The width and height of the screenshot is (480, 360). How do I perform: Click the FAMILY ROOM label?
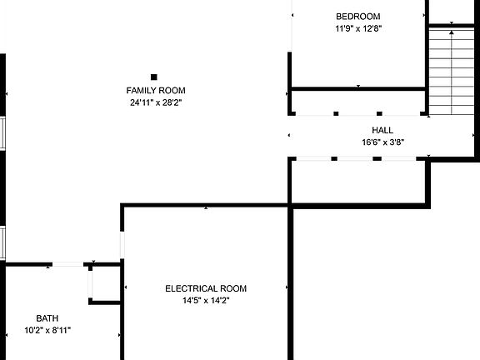click(x=156, y=91)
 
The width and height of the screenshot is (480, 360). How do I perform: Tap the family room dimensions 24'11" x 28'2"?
click(x=156, y=102)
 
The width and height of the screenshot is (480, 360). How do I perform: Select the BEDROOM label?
click(x=358, y=17)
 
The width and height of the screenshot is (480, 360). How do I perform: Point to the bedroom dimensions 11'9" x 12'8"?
click(x=358, y=28)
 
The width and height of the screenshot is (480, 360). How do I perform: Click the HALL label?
click(x=382, y=130)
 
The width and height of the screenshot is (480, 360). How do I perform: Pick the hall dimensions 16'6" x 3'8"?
click(x=383, y=142)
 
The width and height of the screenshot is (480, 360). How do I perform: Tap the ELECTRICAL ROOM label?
click(x=206, y=288)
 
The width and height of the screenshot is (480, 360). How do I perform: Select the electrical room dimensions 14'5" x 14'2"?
click(x=206, y=301)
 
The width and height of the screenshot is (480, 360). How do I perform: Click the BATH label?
click(x=47, y=318)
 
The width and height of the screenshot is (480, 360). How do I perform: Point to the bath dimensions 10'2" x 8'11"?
click(x=47, y=330)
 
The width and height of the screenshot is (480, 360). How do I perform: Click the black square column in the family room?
click(x=154, y=77)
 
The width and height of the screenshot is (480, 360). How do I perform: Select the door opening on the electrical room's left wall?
click(x=122, y=245)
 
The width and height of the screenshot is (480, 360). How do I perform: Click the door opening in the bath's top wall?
click(x=67, y=264)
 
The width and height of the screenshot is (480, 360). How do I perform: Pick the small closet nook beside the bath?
click(x=106, y=284)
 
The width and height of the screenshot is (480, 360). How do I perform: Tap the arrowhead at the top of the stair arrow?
click(x=452, y=32)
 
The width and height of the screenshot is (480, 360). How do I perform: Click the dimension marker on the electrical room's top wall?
click(x=206, y=207)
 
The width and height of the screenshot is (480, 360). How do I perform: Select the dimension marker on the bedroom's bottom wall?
click(x=358, y=86)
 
